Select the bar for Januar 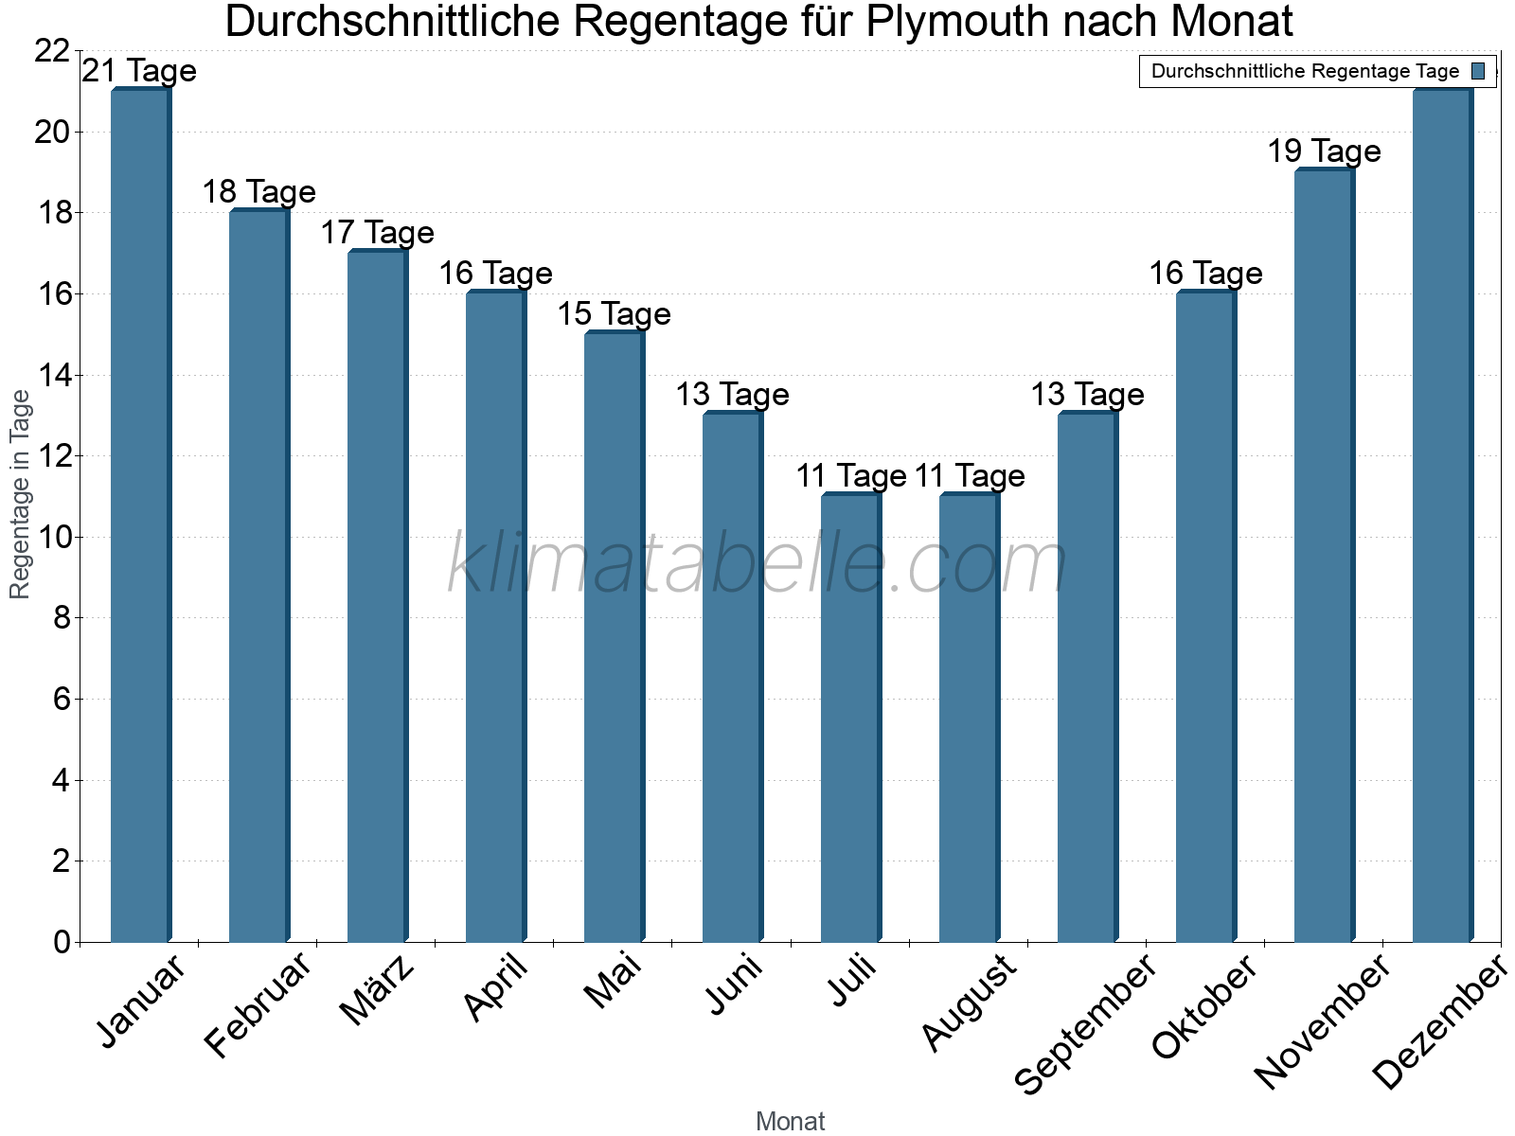(x=140, y=516)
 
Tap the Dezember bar (x=1442, y=516)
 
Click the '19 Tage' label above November (x=1324, y=151)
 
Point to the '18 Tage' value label (x=258, y=192)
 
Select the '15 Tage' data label (x=614, y=314)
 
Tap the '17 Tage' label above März (x=377, y=233)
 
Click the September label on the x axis (x=1085, y=1024)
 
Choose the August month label (x=969, y=1003)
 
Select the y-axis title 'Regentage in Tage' (x=20, y=494)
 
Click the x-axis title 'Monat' (x=790, y=1121)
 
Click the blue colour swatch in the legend (x=1478, y=71)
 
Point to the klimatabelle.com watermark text (x=757, y=564)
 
